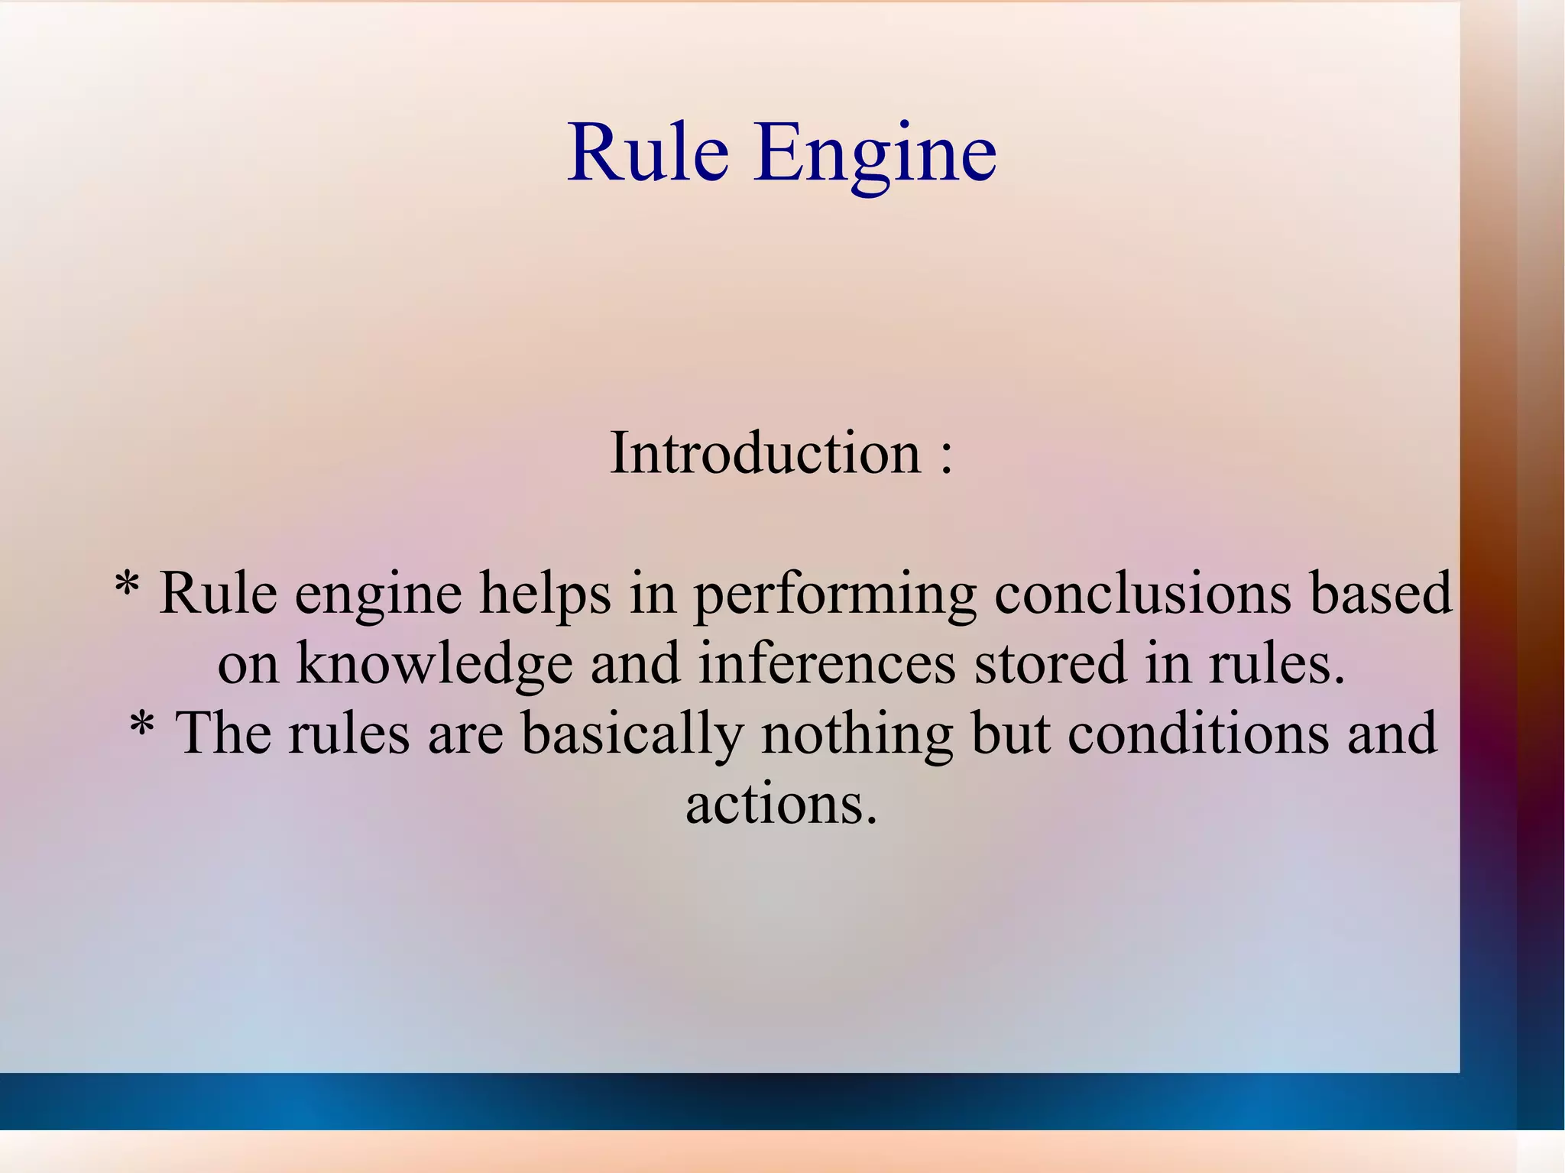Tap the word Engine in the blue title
875,155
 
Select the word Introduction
765,453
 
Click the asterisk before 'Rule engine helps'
126,588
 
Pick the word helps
545,594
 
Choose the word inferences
826,663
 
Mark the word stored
1051,663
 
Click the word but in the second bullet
1010,734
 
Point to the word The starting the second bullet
223,734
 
